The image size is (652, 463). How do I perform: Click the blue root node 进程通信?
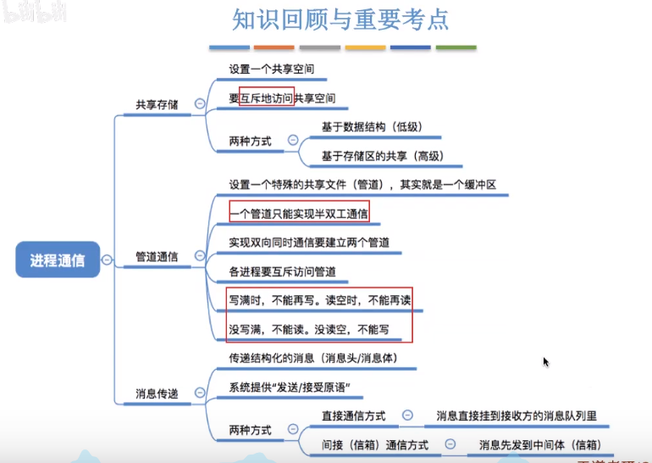click(x=58, y=259)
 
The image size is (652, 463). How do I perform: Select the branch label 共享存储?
click(x=157, y=105)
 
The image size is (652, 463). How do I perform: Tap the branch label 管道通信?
click(x=157, y=256)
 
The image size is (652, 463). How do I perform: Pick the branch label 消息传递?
click(x=157, y=393)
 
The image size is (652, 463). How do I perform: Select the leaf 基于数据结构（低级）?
click(x=371, y=127)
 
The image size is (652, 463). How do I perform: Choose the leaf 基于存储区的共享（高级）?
click(x=381, y=156)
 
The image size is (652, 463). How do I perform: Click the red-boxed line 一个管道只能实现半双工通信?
click(x=300, y=212)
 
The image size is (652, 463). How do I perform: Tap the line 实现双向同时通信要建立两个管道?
click(x=309, y=243)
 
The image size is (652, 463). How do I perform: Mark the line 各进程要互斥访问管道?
click(x=283, y=272)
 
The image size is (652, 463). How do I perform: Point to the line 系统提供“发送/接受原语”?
click(x=290, y=388)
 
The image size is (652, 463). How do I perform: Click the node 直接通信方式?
click(x=353, y=416)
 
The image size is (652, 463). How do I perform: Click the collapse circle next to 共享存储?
click(x=199, y=104)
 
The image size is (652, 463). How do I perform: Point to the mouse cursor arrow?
click(x=546, y=362)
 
